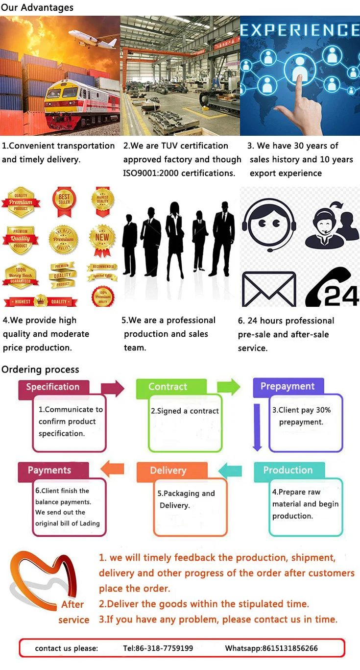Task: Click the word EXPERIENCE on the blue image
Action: (300, 30)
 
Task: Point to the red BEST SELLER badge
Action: (64, 200)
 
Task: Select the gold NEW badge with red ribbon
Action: (102, 239)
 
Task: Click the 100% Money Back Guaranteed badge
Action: (21, 276)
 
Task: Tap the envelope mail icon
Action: (269, 289)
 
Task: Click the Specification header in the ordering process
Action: (53, 387)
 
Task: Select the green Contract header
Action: (168, 387)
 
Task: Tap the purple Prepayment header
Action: (288, 386)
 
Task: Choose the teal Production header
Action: (288, 470)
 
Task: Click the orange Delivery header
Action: (168, 471)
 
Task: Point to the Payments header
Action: (49, 470)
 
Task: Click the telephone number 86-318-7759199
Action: (158, 648)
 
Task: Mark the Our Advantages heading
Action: (37, 7)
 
